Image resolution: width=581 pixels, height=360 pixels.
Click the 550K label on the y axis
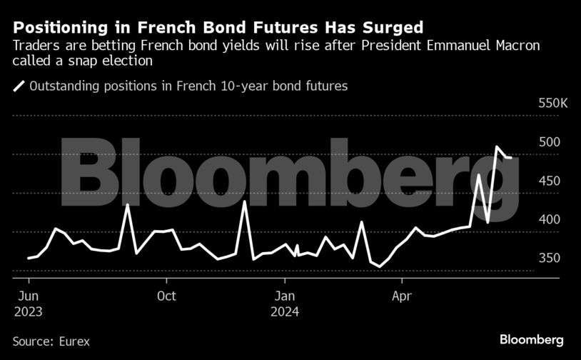(552, 104)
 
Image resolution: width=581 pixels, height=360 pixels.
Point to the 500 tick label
(550, 142)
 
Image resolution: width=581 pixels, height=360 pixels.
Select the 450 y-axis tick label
(550, 181)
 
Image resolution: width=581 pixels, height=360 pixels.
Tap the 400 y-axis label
(550, 219)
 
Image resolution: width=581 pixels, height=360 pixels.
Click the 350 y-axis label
(550, 258)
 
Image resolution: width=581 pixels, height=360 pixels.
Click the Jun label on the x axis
(27, 296)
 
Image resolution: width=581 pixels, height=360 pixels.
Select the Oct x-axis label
(166, 296)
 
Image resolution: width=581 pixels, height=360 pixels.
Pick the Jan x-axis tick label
(285, 296)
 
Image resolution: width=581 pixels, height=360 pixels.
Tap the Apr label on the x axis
(402, 296)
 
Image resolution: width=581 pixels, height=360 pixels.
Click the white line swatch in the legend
(19, 86)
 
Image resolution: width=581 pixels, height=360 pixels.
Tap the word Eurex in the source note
(74, 341)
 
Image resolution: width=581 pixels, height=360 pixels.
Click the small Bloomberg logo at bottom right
(532, 339)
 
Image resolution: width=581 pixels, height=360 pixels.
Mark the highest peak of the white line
(497, 147)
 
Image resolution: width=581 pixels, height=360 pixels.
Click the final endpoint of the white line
(511, 158)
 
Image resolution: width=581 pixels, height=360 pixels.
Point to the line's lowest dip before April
(380, 266)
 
